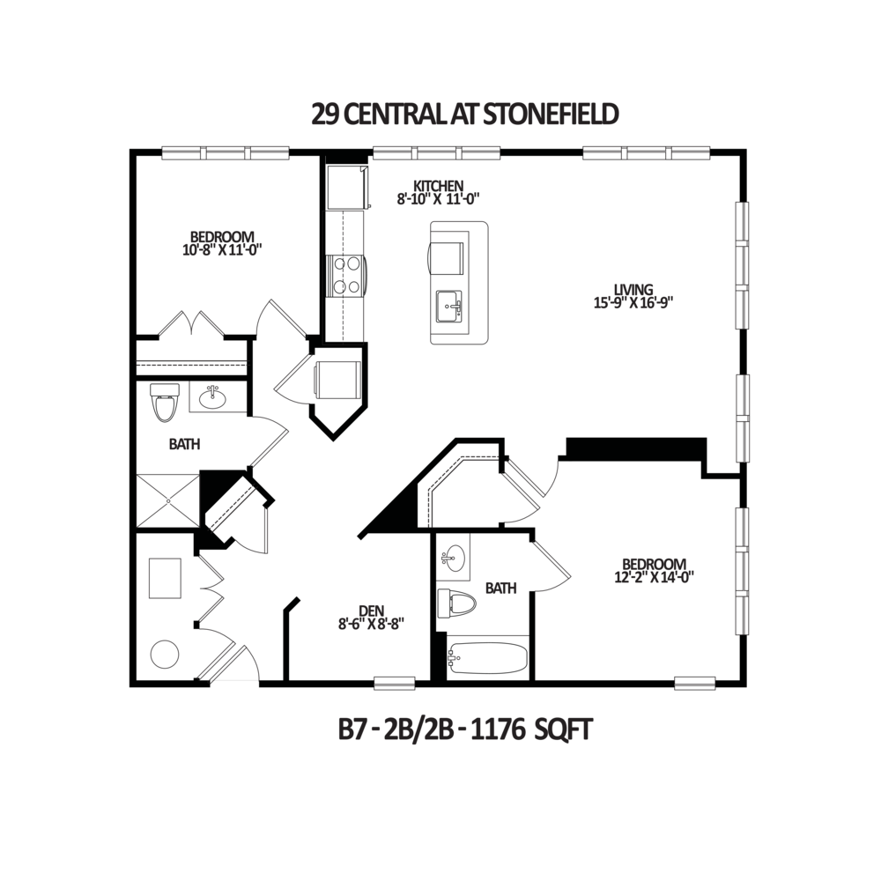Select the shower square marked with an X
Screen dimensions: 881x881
[x=167, y=500]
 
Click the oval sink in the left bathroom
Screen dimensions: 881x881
[x=211, y=399]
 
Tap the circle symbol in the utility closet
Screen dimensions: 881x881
[x=164, y=655]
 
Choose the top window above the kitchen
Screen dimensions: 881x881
[x=438, y=153]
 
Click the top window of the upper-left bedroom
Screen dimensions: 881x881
[x=226, y=153]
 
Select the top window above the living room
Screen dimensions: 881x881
[x=647, y=153]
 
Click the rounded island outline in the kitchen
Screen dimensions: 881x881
[x=458, y=283]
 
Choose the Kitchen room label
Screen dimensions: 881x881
[x=437, y=191]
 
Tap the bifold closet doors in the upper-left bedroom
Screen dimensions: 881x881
[x=190, y=324]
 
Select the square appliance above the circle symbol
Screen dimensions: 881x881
[x=164, y=580]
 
